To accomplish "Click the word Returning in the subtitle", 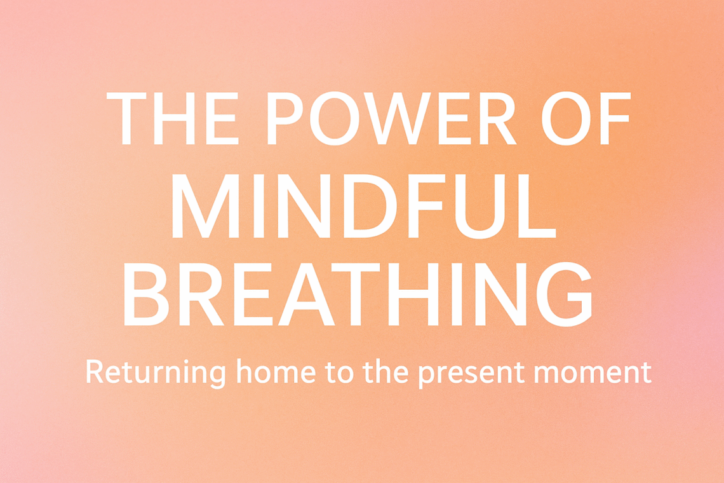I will pyautogui.click(x=156, y=372).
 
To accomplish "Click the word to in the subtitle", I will pyautogui.click(x=343, y=372).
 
